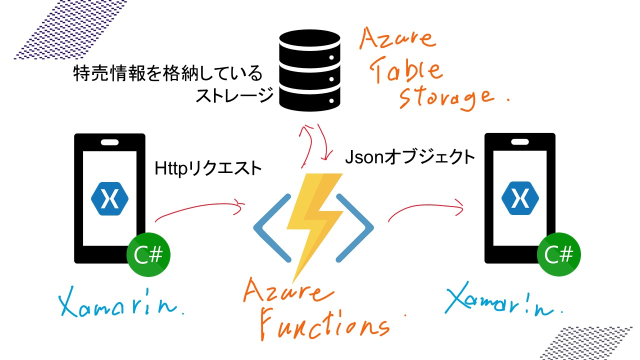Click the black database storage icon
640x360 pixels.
(x=310, y=69)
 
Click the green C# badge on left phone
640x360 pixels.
(x=148, y=255)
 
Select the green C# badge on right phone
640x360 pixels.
(x=558, y=255)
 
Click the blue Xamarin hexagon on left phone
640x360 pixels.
(x=109, y=199)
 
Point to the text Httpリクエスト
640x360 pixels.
(x=207, y=168)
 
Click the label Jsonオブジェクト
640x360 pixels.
(x=409, y=157)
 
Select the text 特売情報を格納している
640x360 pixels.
(x=167, y=74)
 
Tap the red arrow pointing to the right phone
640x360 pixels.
(x=425, y=207)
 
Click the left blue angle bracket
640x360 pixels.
(x=272, y=228)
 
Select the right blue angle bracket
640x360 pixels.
(x=356, y=228)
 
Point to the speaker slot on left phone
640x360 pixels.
(x=109, y=142)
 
